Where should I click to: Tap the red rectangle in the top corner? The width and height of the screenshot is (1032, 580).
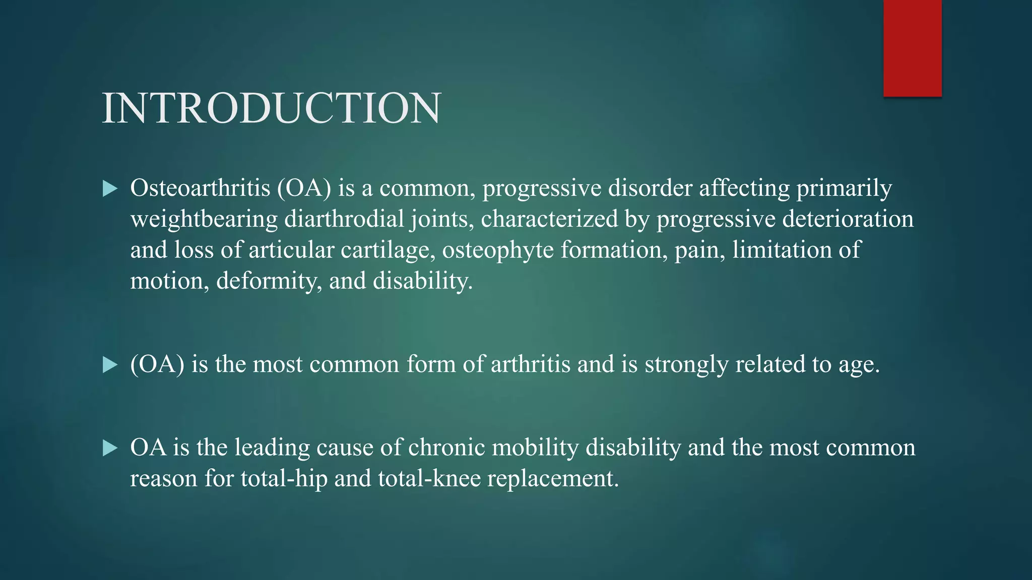912,48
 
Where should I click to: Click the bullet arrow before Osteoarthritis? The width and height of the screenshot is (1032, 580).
109,189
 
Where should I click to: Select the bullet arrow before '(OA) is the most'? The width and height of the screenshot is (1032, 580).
109,365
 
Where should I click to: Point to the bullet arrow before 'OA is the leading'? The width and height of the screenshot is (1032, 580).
109,448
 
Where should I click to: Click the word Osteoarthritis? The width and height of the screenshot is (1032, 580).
200,188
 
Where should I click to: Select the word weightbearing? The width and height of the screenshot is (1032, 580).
204,220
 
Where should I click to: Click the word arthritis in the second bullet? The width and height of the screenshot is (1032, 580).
531,364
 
